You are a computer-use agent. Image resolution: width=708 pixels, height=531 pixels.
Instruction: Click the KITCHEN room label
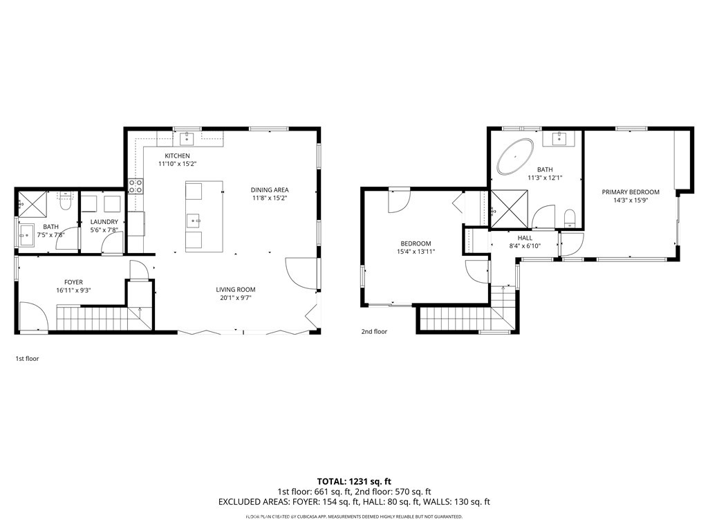177,156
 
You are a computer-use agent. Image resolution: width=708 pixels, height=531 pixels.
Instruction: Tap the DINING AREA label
270,189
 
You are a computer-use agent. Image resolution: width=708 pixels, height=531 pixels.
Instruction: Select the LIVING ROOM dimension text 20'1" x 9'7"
236,298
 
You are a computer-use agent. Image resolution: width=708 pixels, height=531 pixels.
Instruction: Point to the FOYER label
73,282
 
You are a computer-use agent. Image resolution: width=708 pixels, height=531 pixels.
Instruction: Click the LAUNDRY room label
104,222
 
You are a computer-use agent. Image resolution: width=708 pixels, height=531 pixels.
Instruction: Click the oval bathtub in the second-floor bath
514,157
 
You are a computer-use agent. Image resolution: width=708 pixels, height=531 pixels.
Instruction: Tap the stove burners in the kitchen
136,187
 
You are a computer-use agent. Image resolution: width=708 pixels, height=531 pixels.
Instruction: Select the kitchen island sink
196,221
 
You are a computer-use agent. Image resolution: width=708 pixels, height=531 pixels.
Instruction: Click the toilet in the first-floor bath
66,202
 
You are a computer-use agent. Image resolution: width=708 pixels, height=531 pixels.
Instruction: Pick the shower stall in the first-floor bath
32,204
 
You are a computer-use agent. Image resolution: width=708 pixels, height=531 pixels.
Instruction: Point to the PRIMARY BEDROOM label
631,192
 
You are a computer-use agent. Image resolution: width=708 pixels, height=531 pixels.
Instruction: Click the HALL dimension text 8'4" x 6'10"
525,246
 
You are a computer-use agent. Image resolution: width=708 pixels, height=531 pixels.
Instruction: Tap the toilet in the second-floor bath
570,218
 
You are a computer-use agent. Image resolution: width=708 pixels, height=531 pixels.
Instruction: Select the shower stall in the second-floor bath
510,209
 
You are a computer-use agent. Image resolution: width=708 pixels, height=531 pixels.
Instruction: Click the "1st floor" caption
28,359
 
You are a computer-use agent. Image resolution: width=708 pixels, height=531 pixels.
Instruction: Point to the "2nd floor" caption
374,331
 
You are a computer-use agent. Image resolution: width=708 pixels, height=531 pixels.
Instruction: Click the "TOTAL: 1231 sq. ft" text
354,481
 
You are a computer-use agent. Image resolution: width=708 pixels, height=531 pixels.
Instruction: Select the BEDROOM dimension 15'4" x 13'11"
416,252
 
